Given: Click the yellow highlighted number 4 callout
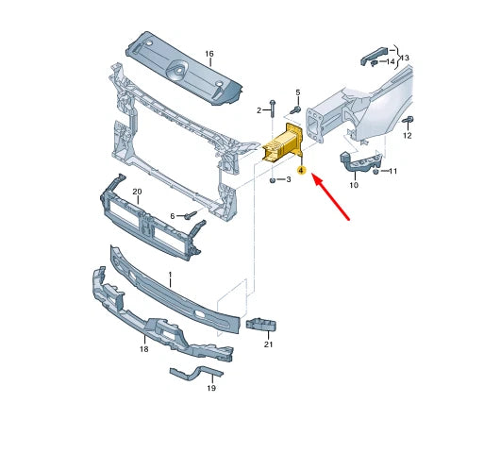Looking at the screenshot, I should (x=301, y=171).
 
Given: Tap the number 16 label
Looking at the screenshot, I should (x=209, y=55).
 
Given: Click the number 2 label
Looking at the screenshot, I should (x=259, y=111).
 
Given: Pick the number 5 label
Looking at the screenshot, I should (x=297, y=92).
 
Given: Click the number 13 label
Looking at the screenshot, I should (x=405, y=58).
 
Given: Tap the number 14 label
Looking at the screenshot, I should (x=391, y=62).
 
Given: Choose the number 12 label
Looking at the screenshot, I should (x=408, y=136).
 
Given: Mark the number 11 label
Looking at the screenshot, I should (x=392, y=171).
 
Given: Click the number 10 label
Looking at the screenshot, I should (x=354, y=186).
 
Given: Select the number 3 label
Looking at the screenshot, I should (x=288, y=178).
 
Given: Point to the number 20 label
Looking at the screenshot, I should (x=137, y=193).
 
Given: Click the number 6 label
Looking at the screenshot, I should (x=173, y=216).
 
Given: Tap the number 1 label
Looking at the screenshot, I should (x=170, y=278).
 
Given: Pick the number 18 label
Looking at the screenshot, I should (x=144, y=349).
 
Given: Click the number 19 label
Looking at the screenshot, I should (x=210, y=388).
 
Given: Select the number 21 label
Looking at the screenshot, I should (x=268, y=344).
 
